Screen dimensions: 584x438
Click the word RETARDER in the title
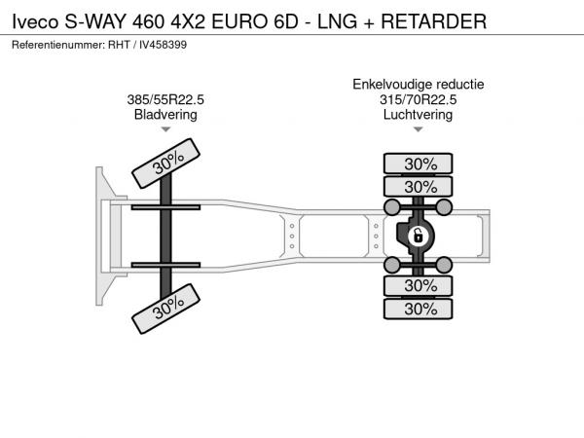pos(433,21)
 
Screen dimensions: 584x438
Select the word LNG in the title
pos(337,21)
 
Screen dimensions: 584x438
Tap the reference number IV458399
pos(164,45)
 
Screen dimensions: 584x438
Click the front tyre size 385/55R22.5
pos(165,99)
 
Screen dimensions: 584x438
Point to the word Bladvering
pos(165,114)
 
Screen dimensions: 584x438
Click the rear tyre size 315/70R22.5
pos(418,99)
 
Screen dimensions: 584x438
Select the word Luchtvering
pos(418,114)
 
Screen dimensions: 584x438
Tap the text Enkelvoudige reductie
pos(419,84)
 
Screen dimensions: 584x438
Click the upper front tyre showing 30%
pos(165,164)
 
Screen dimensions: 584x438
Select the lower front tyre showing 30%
pos(165,309)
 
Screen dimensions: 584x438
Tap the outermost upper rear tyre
pos(418,164)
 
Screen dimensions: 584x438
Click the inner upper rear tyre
pos(418,187)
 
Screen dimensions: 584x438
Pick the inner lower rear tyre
pos(418,286)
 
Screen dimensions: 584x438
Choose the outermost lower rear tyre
pos(418,309)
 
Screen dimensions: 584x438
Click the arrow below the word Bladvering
pos(165,129)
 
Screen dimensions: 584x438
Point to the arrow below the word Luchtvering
pos(419,129)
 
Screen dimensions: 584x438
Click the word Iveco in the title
pos(35,21)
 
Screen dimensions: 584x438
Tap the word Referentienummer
pos(58,45)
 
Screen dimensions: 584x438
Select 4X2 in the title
pos(188,21)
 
